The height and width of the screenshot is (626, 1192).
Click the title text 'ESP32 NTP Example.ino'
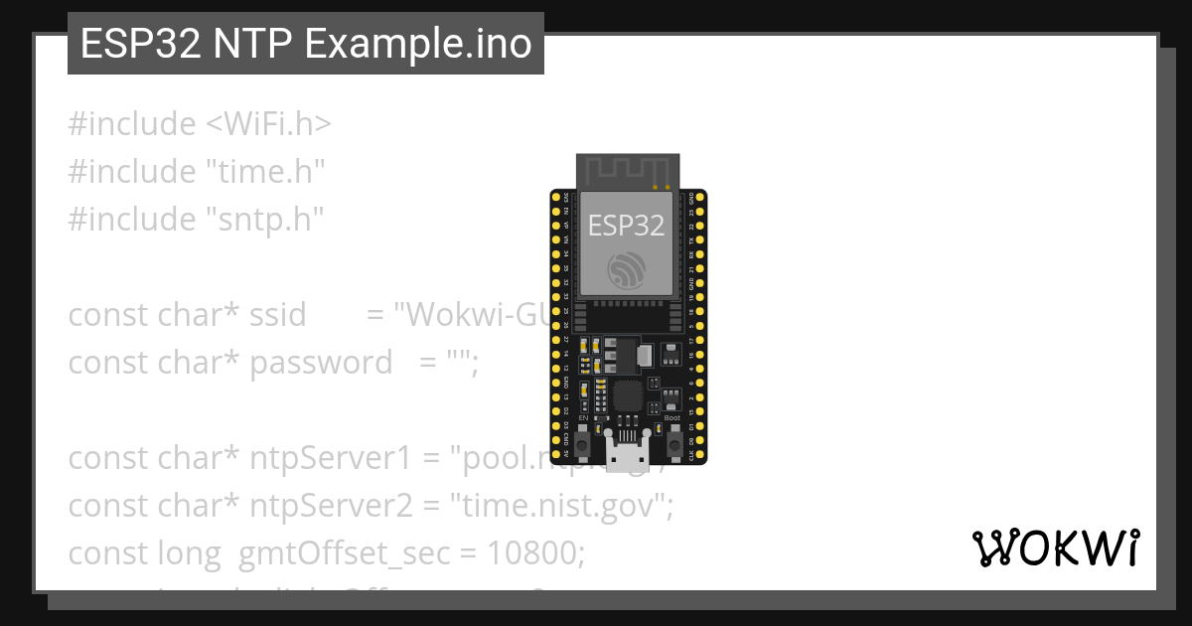[306, 44]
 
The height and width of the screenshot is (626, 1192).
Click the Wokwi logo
[1055, 548]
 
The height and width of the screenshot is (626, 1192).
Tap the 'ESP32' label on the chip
[626, 225]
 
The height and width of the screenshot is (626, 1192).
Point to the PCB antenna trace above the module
[627, 170]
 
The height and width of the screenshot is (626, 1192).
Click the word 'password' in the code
[321, 363]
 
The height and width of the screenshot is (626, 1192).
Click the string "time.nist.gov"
[562, 506]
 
